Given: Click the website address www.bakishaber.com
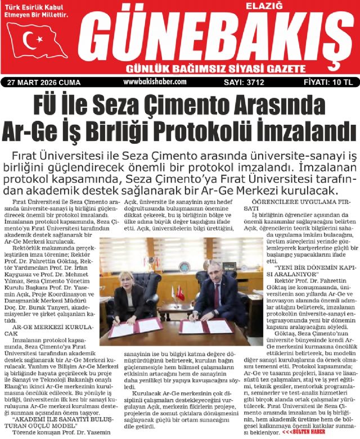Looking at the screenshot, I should (x=154, y=82).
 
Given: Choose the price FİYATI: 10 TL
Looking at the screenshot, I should (x=328, y=82).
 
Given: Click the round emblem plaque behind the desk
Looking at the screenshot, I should (x=184, y=267).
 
